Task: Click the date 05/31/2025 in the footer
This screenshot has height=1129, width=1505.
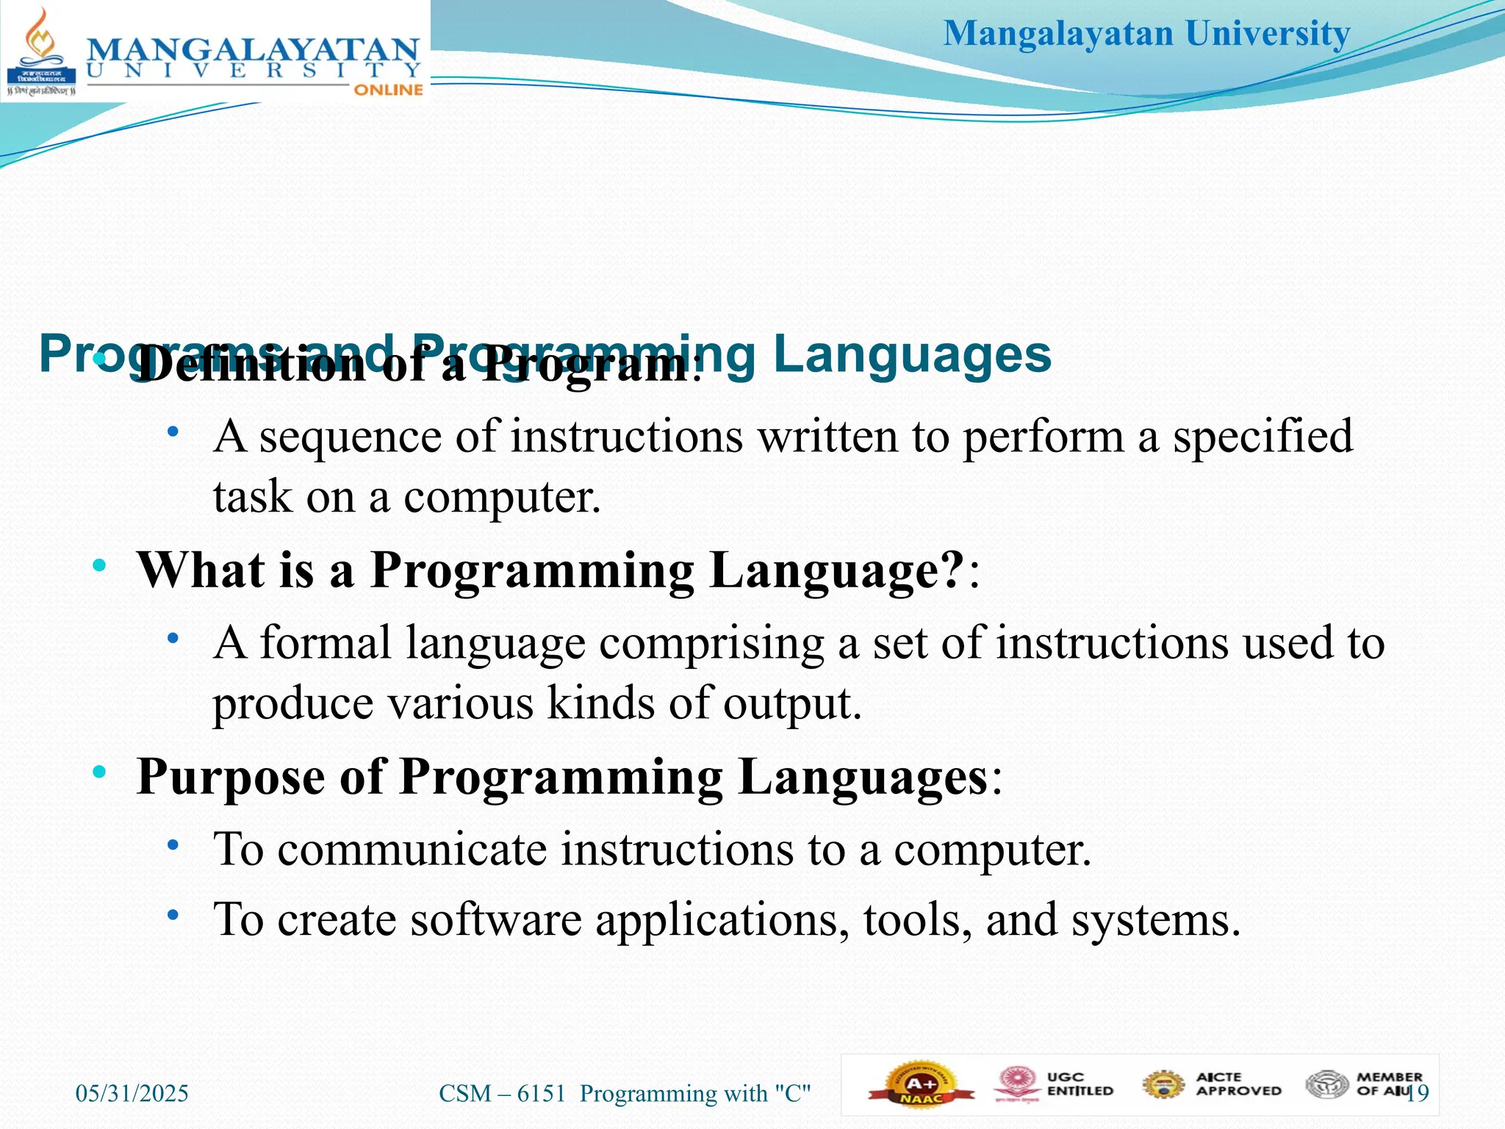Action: click(132, 1094)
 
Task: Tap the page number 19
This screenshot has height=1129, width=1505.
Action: click(1418, 1093)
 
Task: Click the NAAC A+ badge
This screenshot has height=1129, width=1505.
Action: click(921, 1086)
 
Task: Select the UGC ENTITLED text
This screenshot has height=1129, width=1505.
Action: click(1080, 1084)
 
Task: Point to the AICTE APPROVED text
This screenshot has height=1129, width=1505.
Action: click(1238, 1084)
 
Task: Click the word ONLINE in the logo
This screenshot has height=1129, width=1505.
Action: click(389, 90)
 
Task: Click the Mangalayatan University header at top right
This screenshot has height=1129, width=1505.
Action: click(1146, 34)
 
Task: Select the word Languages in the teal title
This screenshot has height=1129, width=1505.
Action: click(913, 354)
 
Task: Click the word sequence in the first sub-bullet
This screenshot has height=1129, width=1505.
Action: click(351, 437)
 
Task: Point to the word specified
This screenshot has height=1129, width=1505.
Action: click(1262, 437)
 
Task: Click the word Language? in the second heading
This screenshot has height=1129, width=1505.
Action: click(836, 570)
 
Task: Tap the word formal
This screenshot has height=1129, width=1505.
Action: click(326, 643)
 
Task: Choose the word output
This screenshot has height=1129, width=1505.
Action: click(791, 703)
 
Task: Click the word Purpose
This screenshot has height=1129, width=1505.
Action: click(231, 778)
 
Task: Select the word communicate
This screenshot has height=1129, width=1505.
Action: click(412, 850)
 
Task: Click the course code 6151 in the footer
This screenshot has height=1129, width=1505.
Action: click(542, 1094)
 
